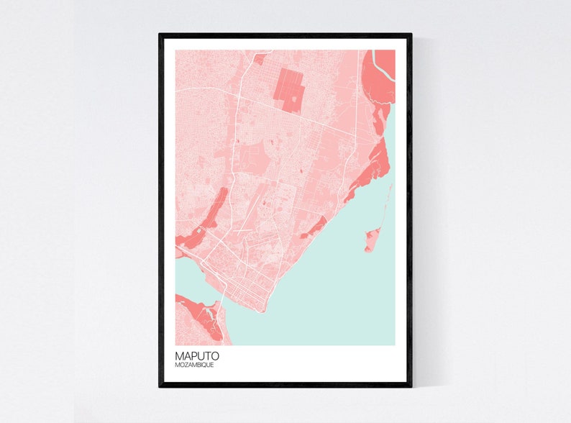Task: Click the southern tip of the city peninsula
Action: click(x=264, y=311)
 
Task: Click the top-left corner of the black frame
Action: click(x=160, y=35)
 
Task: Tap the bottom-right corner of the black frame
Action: click(x=411, y=386)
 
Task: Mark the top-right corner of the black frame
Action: click(x=411, y=35)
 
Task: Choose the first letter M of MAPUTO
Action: click(x=179, y=355)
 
